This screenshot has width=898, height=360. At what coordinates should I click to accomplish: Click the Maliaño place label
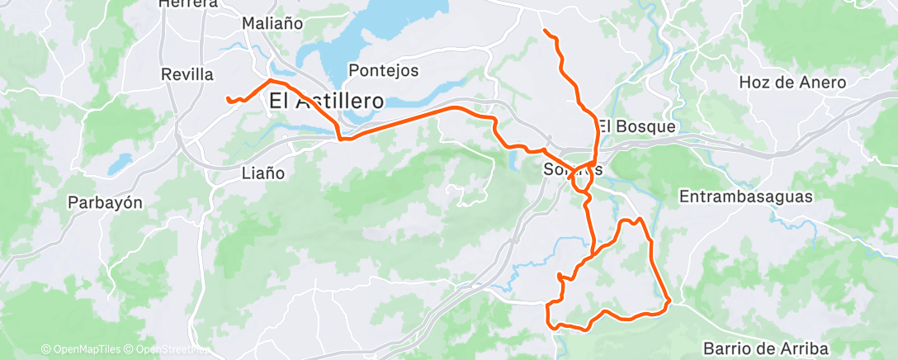tap(272, 24)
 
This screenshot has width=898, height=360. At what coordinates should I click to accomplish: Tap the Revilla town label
tap(187, 74)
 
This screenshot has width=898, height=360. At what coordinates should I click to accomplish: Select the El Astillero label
tap(326, 101)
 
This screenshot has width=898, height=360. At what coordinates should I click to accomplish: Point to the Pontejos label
tap(384, 70)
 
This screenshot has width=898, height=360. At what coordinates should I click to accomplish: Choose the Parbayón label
tap(106, 202)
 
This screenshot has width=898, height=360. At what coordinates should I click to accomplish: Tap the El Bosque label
tap(636, 127)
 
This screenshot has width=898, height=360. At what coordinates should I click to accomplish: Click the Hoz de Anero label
tap(792, 83)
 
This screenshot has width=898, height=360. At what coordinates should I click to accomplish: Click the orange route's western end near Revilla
tap(228, 100)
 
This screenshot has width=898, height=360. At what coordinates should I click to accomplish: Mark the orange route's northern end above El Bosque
tap(545, 31)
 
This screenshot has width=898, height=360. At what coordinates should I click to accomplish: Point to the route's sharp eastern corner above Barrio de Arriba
tap(667, 301)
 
